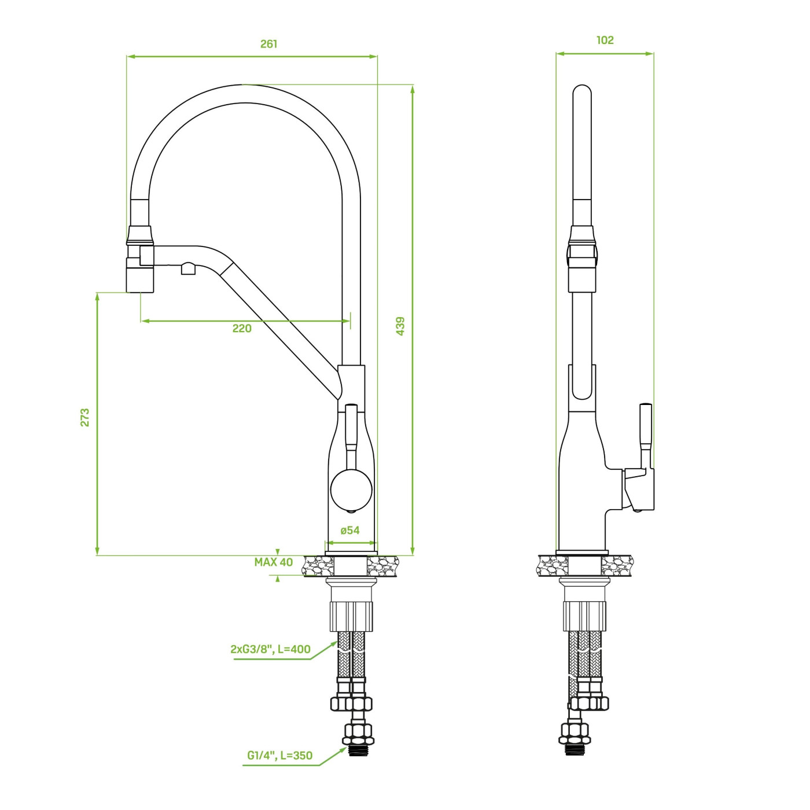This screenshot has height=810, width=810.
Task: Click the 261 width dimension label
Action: pos(268,44)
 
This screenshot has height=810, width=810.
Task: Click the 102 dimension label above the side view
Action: pos(605,40)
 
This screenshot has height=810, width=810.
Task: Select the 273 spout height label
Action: pos(85,417)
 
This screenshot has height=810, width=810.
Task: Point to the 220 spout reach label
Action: pos(242,328)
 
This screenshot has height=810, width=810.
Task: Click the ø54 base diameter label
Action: pos(349,530)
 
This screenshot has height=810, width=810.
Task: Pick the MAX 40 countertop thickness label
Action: pos(274,562)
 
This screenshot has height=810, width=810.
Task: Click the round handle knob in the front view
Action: pos(351,490)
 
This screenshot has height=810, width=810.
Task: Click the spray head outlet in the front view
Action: pos(141,275)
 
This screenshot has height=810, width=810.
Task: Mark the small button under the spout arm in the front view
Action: pos(188,268)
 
